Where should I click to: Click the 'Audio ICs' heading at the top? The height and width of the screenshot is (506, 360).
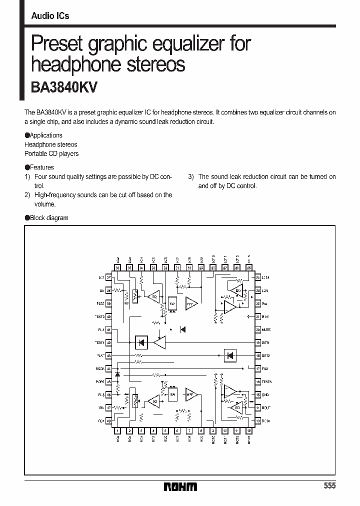coord(50,16)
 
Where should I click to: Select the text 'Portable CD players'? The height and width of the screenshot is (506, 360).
coord(51,153)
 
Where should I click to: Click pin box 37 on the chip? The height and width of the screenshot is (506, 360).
coord(108,277)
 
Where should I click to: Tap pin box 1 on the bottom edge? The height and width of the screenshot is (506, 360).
coord(117,430)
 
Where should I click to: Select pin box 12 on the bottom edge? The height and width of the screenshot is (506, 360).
coord(249,430)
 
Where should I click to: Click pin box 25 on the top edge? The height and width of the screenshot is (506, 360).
coord(249,268)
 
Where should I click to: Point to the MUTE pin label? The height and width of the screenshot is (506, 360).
coord(266,330)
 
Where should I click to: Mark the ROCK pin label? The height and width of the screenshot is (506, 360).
coord(100,369)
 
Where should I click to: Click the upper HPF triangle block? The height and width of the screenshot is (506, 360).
coord(191,303)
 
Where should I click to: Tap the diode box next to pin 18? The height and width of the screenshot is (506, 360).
coord(230,356)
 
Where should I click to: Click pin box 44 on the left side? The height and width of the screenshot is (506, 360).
coord(108,369)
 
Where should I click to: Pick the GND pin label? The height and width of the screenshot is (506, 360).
coord(265,395)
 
